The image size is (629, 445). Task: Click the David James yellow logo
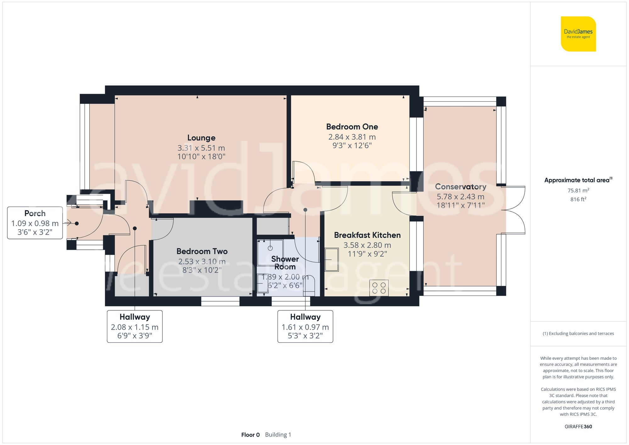pos(578,34)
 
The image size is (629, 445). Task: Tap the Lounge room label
pos(201,138)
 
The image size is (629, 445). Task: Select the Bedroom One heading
pos(352,127)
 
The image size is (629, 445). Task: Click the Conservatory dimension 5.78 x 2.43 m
pos(460,197)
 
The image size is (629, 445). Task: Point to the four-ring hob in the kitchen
pos(379,288)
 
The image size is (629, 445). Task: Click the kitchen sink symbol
pos(331,259)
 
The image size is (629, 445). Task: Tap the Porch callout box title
pos(35,213)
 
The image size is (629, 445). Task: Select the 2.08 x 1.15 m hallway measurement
pos(135,327)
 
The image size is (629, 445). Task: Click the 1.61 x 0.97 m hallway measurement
pos(305,327)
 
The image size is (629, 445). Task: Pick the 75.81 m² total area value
pos(578,191)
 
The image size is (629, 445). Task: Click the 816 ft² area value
pos(578,199)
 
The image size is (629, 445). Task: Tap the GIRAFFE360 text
pos(578,426)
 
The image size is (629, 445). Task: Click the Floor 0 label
pos(250,435)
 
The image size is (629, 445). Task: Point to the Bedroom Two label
pos(202,251)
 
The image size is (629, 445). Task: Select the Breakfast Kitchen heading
pos(367,235)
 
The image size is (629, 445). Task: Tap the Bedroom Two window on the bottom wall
pos(220,301)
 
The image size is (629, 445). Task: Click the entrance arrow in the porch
pos(67,223)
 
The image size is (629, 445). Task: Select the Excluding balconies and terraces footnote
pos(578,333)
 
